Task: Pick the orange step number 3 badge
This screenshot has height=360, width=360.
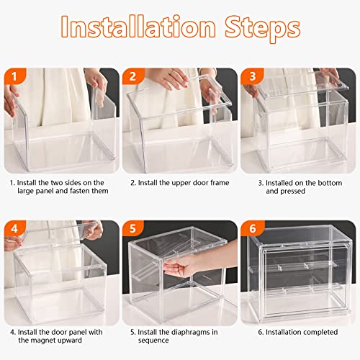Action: tap(251, 76)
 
